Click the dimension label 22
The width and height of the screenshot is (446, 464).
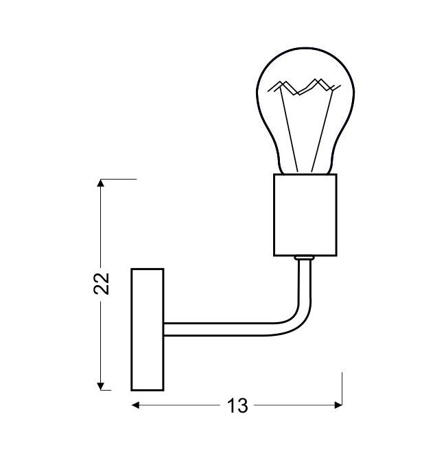[x=102, y=284]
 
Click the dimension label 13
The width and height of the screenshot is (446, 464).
[x=237, y=406]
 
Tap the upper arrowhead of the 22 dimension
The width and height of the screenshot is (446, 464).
[x=101, y=183]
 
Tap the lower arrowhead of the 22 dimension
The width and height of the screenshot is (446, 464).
[x=101, y=387]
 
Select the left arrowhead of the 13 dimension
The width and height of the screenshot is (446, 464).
[x=135, y=405]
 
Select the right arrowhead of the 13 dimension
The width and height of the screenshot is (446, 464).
[x=338, y=405]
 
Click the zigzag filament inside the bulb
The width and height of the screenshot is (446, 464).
[x=305, y=87]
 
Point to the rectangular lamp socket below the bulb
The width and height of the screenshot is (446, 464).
[x=305, y=215]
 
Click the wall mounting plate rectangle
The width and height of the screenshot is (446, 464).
[x=148, y=330]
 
